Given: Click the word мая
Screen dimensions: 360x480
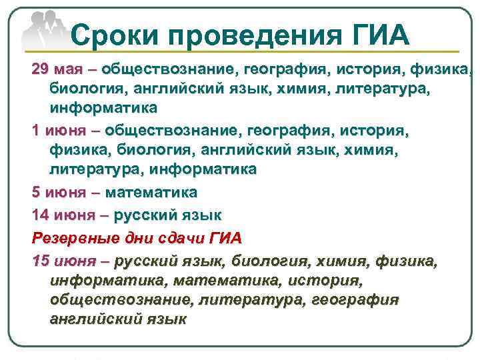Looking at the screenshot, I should [x=69, y=69].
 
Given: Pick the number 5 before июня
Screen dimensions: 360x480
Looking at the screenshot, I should [x=36, y=193].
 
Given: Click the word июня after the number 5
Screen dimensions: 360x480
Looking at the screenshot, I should [x=65, y=193].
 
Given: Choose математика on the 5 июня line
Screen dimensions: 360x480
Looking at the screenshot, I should [x=152, y=193].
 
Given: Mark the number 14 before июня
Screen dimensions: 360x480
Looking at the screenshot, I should [x=40, y=215].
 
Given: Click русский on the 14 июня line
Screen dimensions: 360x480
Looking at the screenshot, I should [x=146, y=215].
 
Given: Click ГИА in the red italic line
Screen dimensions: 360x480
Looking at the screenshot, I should [x=225, y=237].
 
